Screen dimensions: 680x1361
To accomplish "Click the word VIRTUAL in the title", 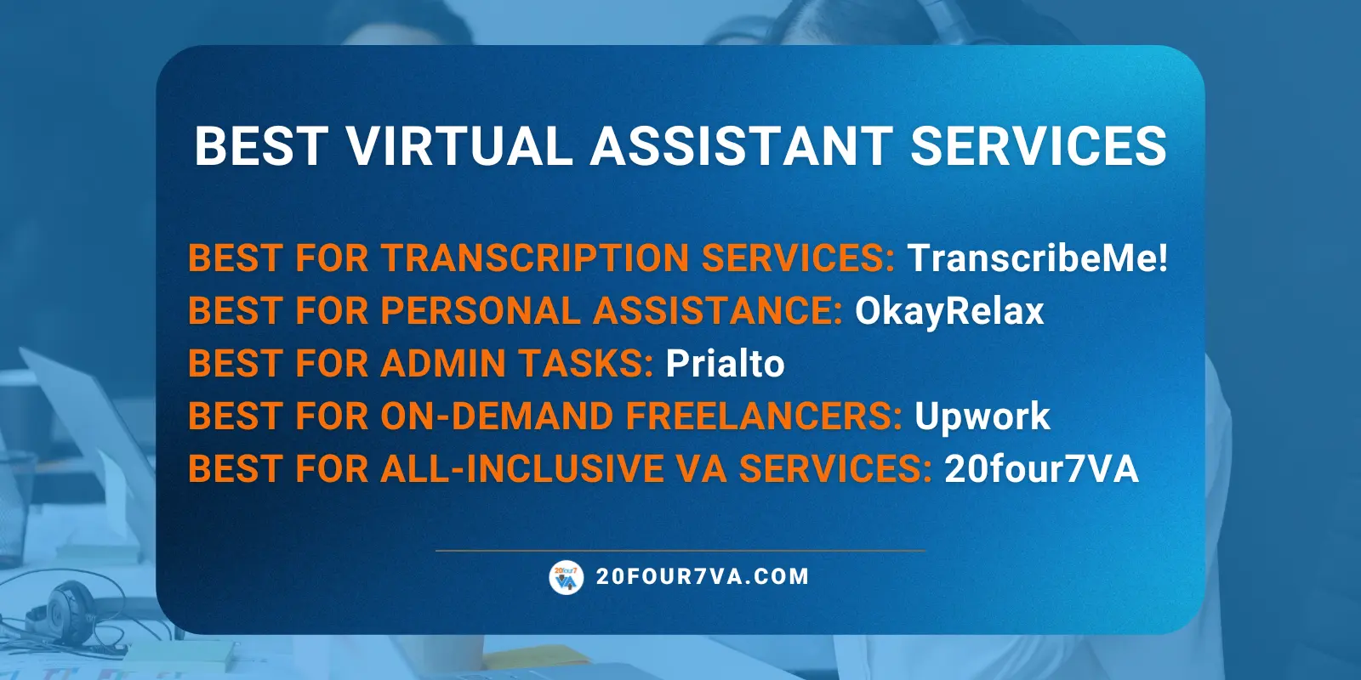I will point(459,146).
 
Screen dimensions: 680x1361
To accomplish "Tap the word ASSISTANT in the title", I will point(741,146).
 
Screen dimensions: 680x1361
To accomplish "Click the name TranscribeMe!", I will point(1038,258).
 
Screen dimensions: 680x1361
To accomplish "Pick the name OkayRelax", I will point(949,311).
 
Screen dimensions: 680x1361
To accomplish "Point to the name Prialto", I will point(725,364).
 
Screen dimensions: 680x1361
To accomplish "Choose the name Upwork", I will point(982,416).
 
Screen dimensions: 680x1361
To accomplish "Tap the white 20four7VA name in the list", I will point(1041,469).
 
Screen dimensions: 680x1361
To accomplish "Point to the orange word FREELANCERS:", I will point(763,416).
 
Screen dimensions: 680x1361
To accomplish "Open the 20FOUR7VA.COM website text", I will point(703,577).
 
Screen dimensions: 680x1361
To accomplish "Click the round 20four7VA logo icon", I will point(567,578).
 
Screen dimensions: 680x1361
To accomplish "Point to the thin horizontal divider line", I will point(680,551).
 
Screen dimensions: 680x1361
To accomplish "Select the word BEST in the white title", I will point(260,146).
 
